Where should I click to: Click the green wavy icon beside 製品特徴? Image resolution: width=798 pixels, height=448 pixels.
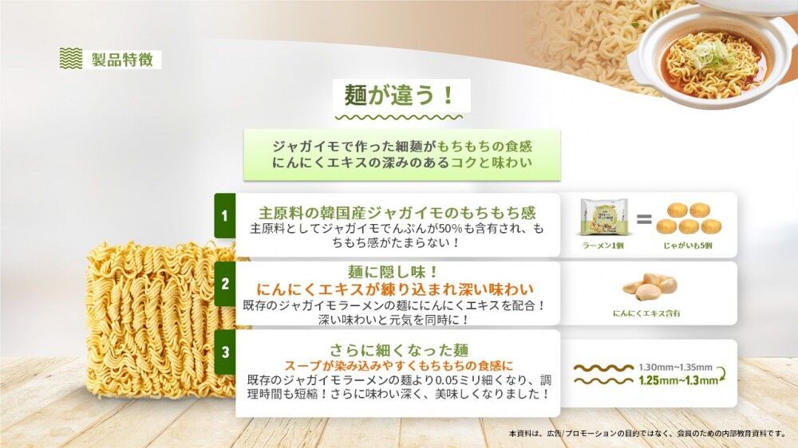click(x=71, y=58)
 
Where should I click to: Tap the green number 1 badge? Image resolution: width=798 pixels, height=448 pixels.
click(x=224, y=215)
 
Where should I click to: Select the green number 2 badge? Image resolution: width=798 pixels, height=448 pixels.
click(x=224, y=284)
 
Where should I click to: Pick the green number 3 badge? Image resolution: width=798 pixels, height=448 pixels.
click(x=224, y=352)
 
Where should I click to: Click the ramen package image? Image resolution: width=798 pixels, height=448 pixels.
click(x=604, y=217)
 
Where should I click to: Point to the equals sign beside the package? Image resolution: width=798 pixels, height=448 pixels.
click(x=644, y=219)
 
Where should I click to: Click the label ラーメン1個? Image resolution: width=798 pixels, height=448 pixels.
click(x=603, y=246)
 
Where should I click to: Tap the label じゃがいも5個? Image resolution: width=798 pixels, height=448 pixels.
click(x=687, y=246)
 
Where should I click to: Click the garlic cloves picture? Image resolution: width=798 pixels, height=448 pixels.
click(x=650, y=287)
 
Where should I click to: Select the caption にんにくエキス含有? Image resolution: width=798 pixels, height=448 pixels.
click(x=646, y=313)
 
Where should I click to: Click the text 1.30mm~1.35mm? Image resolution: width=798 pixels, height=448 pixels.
click(x=675, y=367)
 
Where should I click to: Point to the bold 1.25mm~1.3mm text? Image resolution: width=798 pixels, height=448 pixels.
click(x=678, y=380)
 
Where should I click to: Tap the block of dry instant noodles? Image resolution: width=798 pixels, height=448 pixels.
click(x=161, y=320)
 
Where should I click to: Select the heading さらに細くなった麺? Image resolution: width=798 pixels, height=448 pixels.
click(x=398, y=351)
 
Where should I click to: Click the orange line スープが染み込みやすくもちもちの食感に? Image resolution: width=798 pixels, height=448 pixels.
click(x=398, y=365)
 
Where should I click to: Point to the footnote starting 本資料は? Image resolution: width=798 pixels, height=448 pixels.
click(x=647, y=434)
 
